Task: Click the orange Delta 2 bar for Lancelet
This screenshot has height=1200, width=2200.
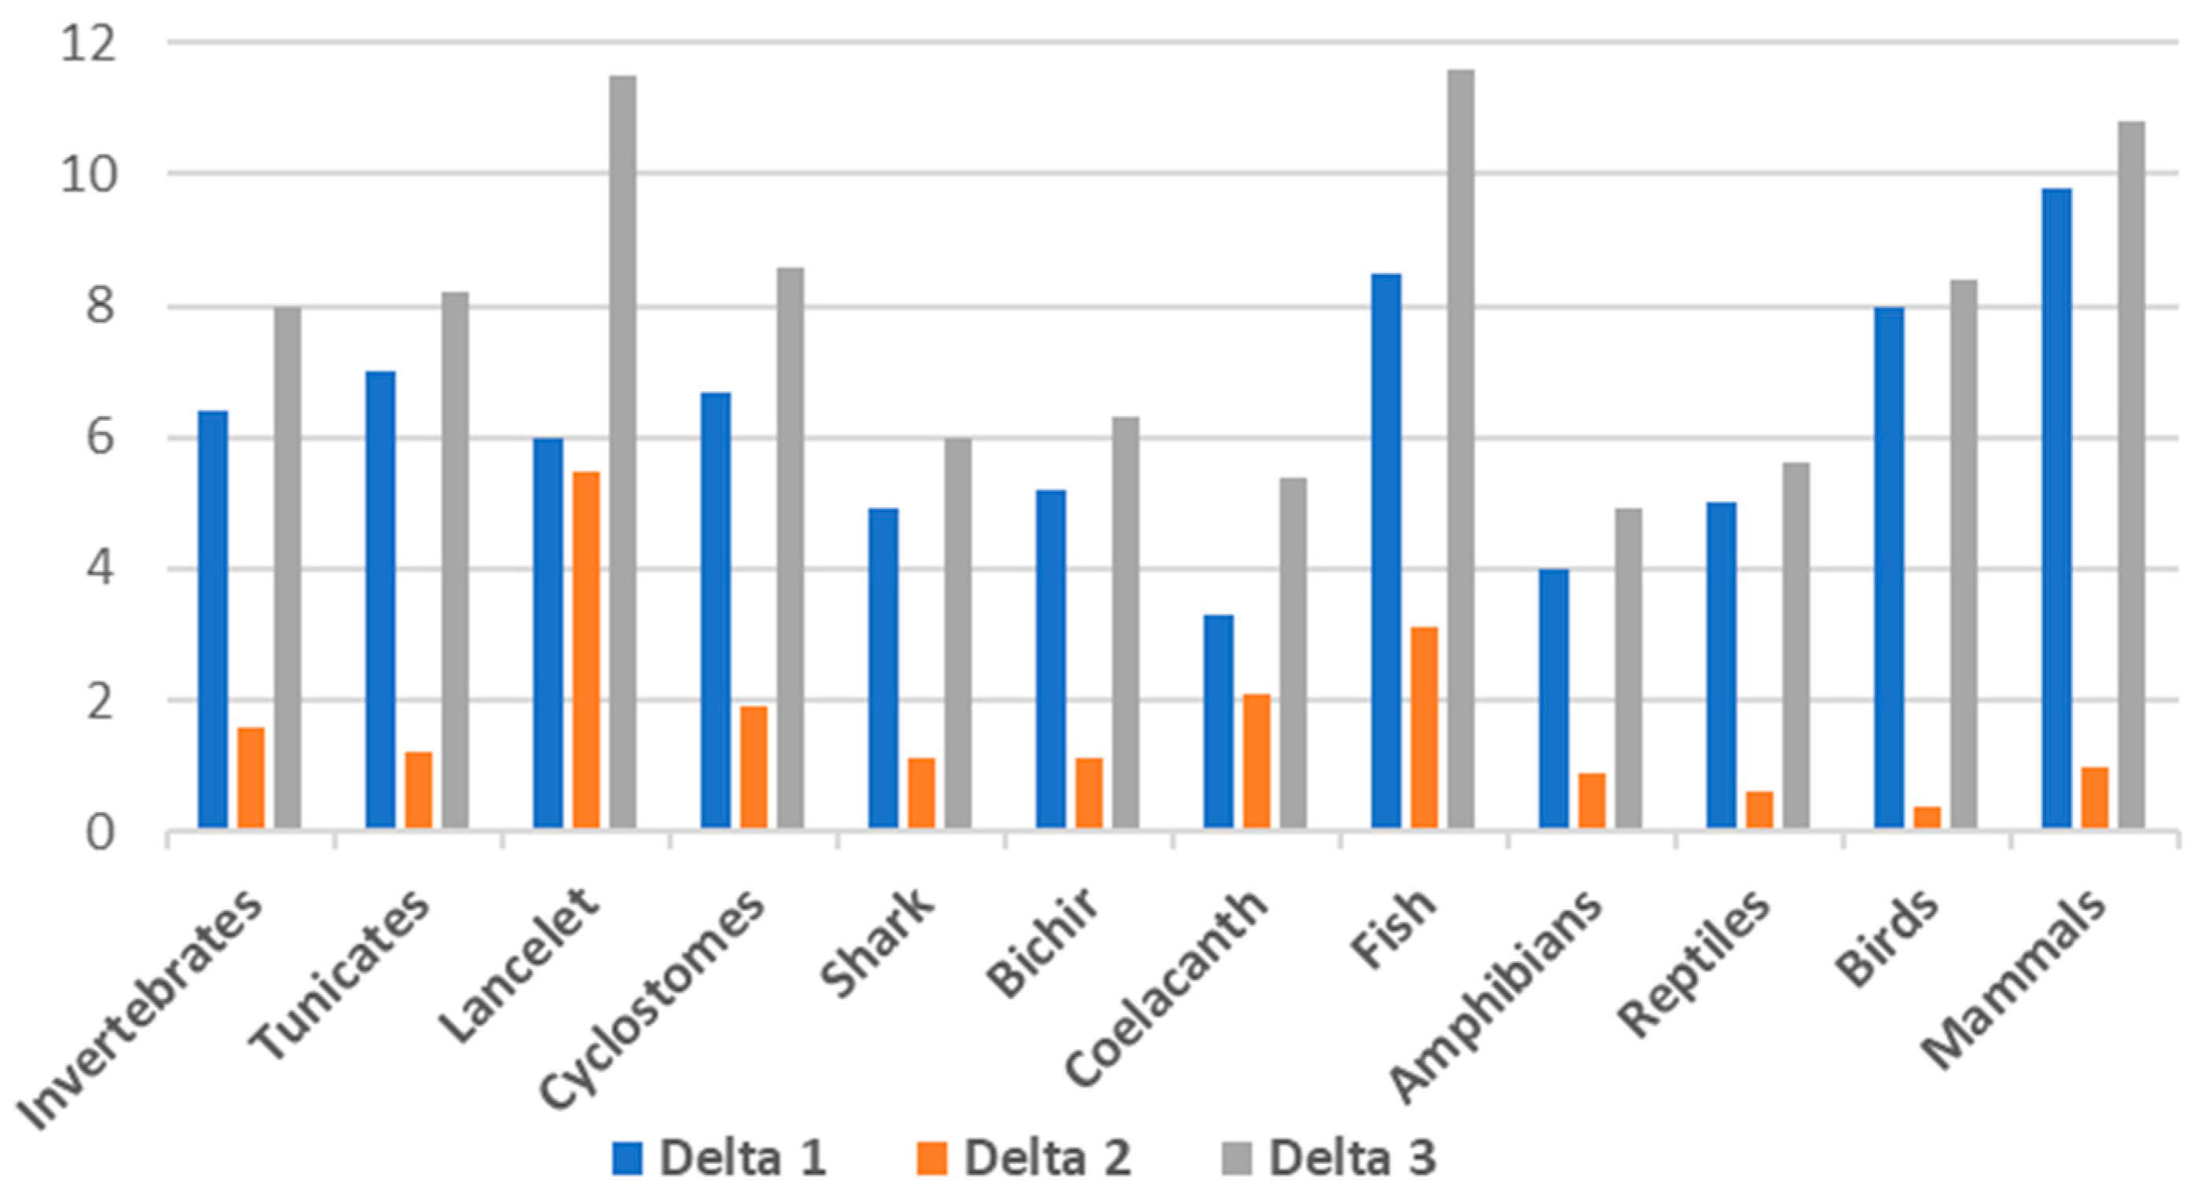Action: point(586,649)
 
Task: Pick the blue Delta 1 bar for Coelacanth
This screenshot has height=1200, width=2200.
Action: point(1219,722)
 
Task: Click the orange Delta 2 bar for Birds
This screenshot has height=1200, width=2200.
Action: point(1927,818)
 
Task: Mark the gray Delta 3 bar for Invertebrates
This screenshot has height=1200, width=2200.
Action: point(287,567)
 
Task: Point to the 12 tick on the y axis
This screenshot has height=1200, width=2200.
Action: point(86,42)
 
